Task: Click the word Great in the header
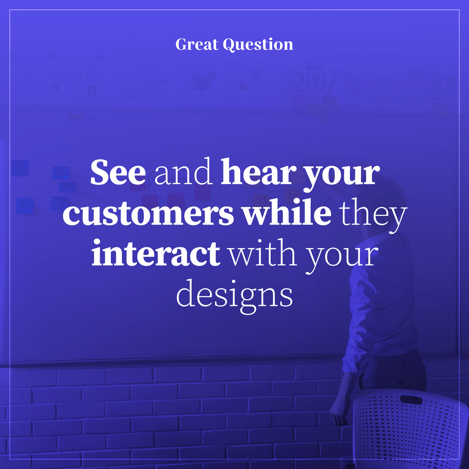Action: (x=197, y=45)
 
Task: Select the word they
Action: (x=374, y=214)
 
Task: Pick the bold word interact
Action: (x=156, y=253)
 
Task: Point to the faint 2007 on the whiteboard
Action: (x=315, y=81)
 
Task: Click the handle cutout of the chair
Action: (x=411, y=400)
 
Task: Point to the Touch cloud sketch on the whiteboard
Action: (x=40, y=187)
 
